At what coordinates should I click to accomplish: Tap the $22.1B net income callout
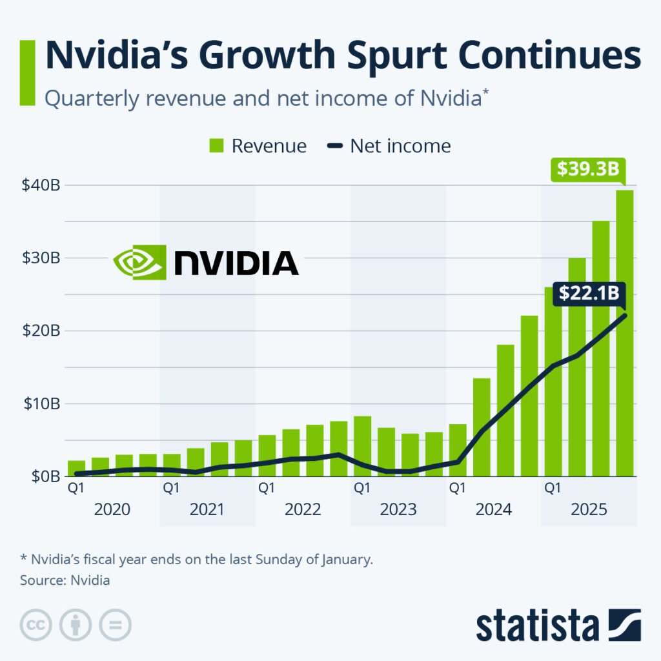coord(589,293)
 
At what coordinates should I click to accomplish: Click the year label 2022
coord(303,510)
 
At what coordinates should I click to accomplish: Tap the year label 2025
coord(589,510)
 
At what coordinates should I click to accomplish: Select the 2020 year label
coord(112,510)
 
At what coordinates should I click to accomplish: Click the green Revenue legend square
coord(216,146)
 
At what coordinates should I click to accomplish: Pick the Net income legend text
coord(400,146)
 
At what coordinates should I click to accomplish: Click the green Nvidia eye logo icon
coord(139,261)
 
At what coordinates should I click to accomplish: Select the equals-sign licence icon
coord(115,625)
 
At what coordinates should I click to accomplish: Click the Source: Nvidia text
coord(65,580)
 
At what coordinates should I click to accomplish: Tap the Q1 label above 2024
coord(457,489)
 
